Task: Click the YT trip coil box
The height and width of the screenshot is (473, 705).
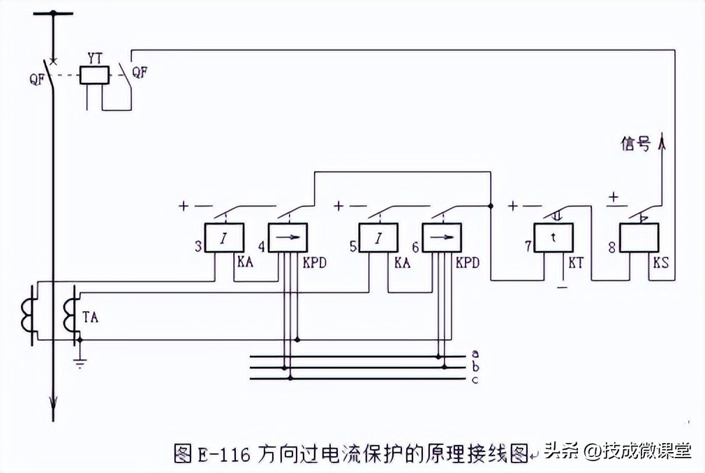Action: pyautogui.click(x=94, y=74)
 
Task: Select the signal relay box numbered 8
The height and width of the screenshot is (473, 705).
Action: pyautogui.click(x=640, y=238)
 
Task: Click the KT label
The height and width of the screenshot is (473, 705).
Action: pyautogui.click(x=577, y=264)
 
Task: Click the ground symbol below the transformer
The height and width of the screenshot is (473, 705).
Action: pyautogui.click(x=80, y=362)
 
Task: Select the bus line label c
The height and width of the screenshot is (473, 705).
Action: pyautogui.click(x=475, y=379)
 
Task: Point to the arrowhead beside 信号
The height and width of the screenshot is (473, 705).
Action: pyautogui.click(x=662, y=142)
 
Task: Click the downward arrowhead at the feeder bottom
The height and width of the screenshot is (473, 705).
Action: pyautogui.click(x=53, y=403)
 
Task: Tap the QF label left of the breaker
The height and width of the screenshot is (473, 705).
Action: pyautogui.click(x=38, y=78)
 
